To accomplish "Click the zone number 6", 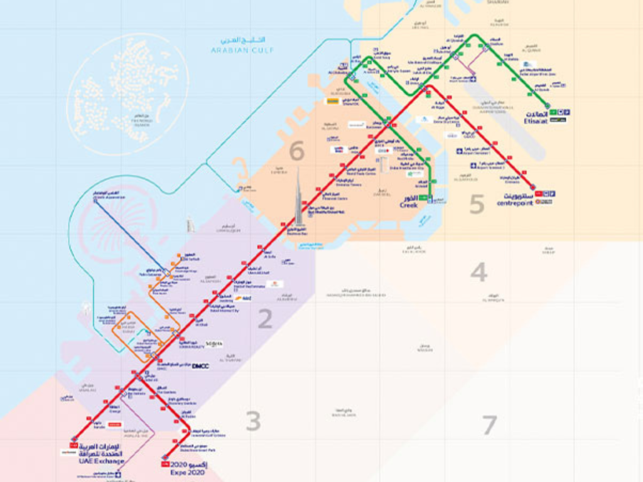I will pos(296,151).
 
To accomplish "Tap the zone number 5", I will pos(477,204).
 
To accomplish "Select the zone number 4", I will pos(479,272).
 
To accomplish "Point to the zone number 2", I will pos(265,319).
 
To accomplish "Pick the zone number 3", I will pos(253,421).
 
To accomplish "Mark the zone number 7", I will pos(490,425).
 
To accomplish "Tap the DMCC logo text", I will pos(200,366).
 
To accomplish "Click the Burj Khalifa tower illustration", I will pos(299,198).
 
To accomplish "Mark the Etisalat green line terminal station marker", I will pos(548,106).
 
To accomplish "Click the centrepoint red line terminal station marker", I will pos(532,187).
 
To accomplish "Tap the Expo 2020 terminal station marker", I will pos(165,458).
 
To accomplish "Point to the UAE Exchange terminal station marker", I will pos(75,439).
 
